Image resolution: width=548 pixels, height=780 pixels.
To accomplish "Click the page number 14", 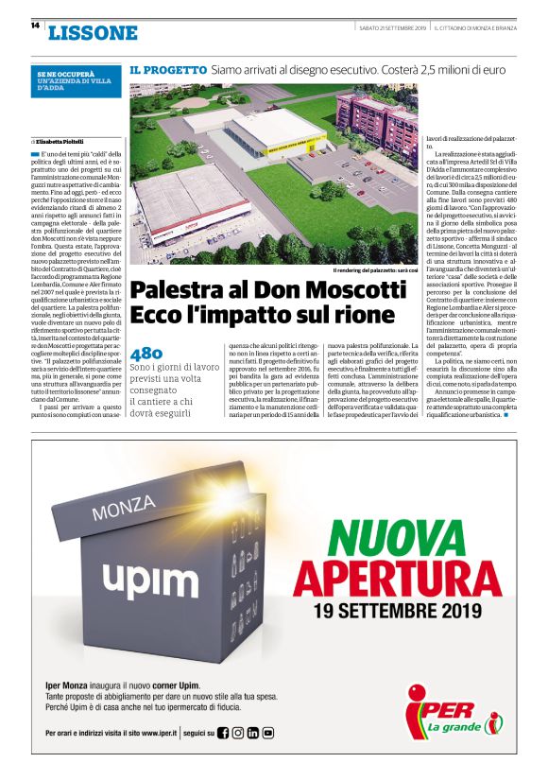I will (34, 26).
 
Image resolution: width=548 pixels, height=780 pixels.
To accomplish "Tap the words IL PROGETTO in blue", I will (168, 70).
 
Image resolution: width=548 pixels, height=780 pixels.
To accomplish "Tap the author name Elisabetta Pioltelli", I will (65, 140).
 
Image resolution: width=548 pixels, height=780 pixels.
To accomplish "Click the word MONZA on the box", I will (123, 511).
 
